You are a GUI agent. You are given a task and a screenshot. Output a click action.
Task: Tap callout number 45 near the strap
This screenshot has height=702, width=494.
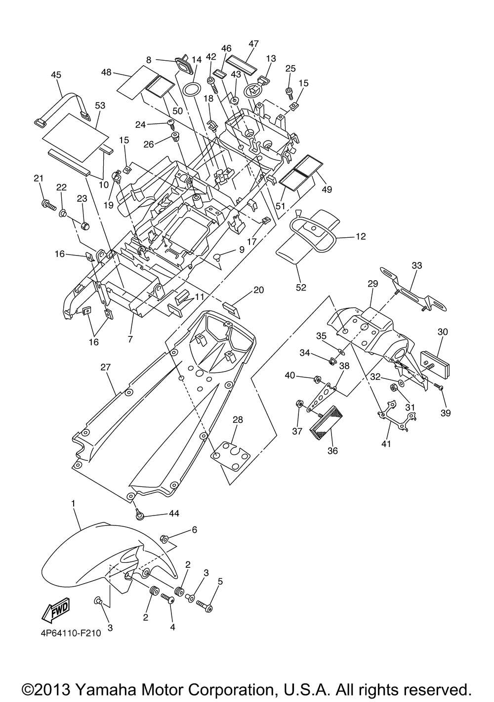[56, 75]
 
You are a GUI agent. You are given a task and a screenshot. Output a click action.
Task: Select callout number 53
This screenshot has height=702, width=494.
[100, 106]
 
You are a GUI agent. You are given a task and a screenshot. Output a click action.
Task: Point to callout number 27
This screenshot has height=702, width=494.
[105, 368]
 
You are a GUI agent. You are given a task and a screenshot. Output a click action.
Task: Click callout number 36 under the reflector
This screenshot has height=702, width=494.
[332, 450]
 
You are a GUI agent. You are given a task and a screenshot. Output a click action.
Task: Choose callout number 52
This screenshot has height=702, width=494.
[301, 288]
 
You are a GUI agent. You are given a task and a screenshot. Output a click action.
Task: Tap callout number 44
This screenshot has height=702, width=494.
[174, 514]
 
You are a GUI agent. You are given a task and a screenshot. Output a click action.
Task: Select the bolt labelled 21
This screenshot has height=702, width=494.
[48, 205]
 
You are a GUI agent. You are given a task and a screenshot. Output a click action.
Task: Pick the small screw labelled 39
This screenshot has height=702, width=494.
[438, 387]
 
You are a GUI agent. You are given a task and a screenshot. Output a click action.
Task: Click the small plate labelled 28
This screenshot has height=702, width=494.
[231, 456]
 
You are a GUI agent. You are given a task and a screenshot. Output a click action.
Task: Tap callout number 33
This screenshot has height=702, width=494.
[417, 265]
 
